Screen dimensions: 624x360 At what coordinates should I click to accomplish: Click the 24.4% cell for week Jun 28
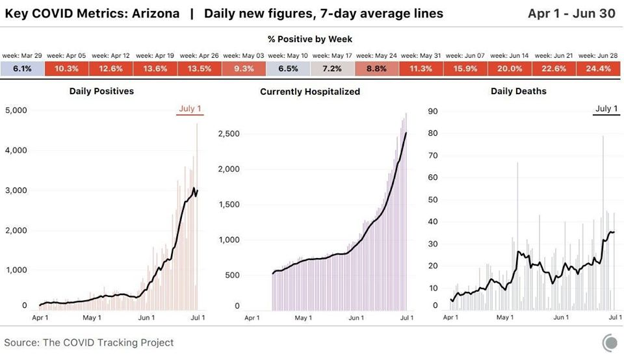pyautogui.click(x=598, y=68)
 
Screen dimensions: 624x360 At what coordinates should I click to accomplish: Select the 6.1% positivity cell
pyautogui.click(x=22, y=68)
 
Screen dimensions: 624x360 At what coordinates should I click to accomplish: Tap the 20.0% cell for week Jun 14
pyautogui.click(x=510, y=68)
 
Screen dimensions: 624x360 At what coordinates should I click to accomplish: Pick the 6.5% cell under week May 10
pyautogui.click(x=288, y=68)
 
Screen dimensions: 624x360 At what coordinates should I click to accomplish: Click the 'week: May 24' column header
pyautogui.click(x=376, y=56)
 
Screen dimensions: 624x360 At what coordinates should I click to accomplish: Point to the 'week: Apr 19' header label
pyautogui.click(x=155, y=56)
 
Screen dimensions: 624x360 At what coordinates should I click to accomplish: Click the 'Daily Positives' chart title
pyautogui.click(x=101, y=91)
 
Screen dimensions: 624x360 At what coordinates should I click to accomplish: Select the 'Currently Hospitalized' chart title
pyautogui.click(x=310, y=92)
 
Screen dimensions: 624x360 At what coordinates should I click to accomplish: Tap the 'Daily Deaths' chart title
pyautogui.click(x=519, y=91)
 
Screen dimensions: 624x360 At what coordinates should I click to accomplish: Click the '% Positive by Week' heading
pyautogui.click(x=310, y=39)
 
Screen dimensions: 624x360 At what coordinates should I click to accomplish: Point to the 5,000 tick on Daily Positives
pyautogui.click(x=16, y=110)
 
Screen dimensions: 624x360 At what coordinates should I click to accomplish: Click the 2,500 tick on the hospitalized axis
pyautogui.click(x=229, y=134)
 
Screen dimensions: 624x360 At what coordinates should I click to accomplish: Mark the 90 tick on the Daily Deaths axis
pyautogui.click(x=433, y=111)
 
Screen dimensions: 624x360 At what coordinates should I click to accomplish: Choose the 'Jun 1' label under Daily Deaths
pyautogui.click(x=561, y=317)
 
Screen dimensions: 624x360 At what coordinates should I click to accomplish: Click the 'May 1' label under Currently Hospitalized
pyautogui.click(x=304, y=318)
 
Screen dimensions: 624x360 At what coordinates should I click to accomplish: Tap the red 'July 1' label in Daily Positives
pyautogui.click(x=190, y=109)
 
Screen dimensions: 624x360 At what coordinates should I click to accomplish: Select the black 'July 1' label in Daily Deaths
pyautogui.click(x=606, y=109)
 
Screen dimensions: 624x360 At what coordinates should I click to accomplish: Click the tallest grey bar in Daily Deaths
pyautogui.click(x=603, y=223)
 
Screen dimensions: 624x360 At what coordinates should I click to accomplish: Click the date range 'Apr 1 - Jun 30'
pyautogui.click(x=571, y=14)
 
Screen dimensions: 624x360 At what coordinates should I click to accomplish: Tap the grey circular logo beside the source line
pyautogui.click(x=610, y=342)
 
